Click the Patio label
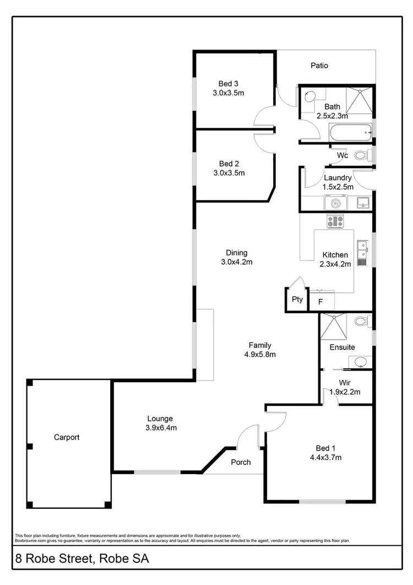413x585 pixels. pos(319,66)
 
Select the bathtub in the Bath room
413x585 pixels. pos(350,131)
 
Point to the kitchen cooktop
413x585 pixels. pos(334,222)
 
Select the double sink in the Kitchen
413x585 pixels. pos(362,249)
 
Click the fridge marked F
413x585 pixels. pos(320,302)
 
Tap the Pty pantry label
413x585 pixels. pos(297,299)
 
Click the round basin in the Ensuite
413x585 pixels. pos(361,362)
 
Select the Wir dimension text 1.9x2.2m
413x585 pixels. pos(345,393)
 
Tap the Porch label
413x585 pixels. pos(240,462)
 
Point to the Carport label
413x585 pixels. pos(67,437)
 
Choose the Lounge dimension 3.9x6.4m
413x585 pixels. pos(160,427)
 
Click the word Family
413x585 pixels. pos(260,346)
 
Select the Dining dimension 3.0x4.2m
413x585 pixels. pos(237,262)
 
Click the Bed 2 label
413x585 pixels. pos(228,164)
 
